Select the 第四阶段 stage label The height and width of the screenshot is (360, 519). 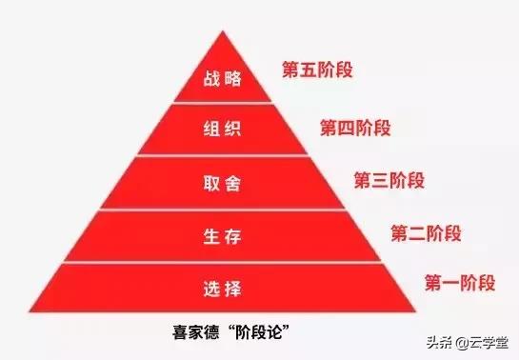pyautogui.click(x=354, y=126)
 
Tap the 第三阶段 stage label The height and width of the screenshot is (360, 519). pyautogui.click(x=389, y=179)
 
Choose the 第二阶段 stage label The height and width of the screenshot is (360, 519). pyautogui.click(x=425, y=231)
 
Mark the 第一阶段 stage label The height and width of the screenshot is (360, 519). pyautogui.click(x=457, y=282)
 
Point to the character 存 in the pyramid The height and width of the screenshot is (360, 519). pyautogui.click(x=234, y=235)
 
